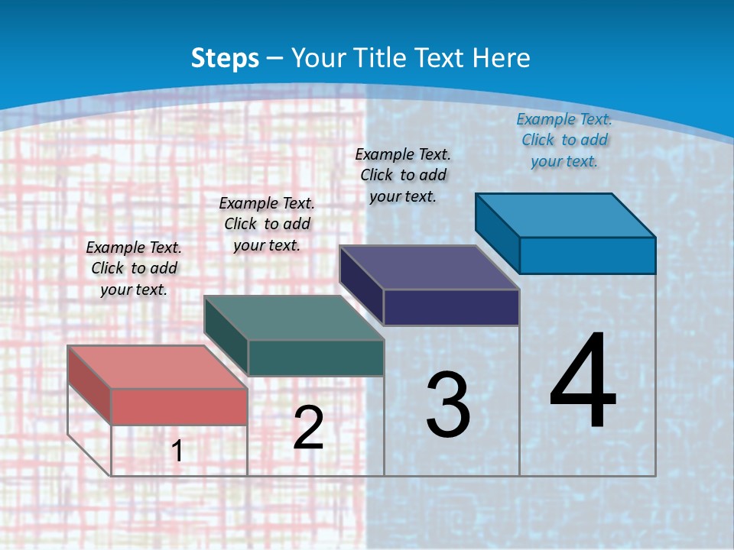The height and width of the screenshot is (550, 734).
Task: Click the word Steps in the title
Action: click(x=225, y=58)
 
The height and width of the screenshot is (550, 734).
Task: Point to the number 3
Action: click(x=448, y=405)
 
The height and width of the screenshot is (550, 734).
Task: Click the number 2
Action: click(x=308, y=428)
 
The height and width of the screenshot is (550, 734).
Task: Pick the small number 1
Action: click(x=177, y=451)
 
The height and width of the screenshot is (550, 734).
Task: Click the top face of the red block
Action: click(x=157, y=367)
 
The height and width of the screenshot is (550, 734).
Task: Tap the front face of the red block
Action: click(x=179, y=406)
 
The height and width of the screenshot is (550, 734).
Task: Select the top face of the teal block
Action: click(x=293, y=318)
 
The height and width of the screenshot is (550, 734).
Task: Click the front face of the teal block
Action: click(x=316, y=357)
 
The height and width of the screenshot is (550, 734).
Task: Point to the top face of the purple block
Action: click(x=429, y=267)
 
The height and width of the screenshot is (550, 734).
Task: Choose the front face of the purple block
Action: click(x=451, y=307)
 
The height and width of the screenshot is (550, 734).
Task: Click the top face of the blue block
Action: click(x=565, y=215)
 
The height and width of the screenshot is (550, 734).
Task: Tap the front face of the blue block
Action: click(x=587, y=255)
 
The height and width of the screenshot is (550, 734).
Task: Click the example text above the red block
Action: click(x=134, y=268)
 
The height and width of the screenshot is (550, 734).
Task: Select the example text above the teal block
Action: click(x=267, y=224)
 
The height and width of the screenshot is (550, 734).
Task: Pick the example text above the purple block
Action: click(x=403, y=175)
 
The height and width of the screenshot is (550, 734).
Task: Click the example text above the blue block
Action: click(x=564, y=140)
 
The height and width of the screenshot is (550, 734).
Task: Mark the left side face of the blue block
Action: click(x=497, y=233)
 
